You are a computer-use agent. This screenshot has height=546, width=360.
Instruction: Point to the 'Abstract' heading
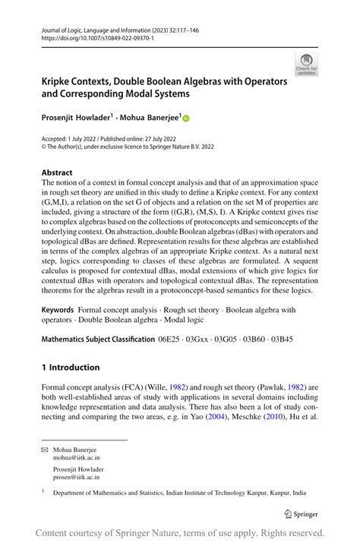click(x=57, y=172)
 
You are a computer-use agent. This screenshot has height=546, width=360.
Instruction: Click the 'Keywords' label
click(x=57, y=310)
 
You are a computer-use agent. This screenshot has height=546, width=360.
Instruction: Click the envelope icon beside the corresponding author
click(x=45, y=450)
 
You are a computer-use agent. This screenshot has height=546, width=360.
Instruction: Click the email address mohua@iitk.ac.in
click(x=76, y=459)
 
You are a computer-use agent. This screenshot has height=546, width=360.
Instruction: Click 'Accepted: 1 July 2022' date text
click(x=74, y=139)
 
